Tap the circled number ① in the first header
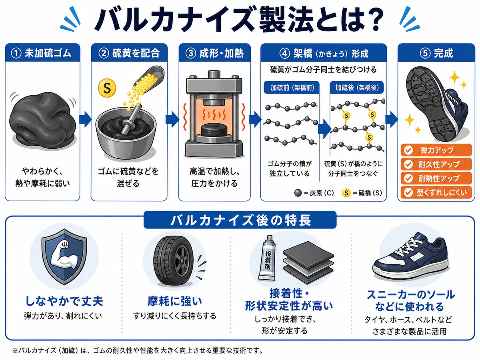tap(16, 53)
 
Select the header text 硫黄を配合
tap(136, 53)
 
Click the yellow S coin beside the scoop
tap(107, 88)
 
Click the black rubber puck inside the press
tap(214, 130)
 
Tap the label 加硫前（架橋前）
tap(292, 88)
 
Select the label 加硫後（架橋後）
tap(357, 88)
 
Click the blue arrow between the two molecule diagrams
tap(324, 129)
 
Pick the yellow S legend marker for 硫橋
tap(346, 193)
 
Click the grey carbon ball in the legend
tap(298, 193)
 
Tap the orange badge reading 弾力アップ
tap(436, 150)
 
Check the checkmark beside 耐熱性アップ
tap(408, 178)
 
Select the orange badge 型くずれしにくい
tap(436, 192)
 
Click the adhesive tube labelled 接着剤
tap(267, 258)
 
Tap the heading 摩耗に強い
tap(174, 301)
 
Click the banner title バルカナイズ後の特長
tap(240, 220)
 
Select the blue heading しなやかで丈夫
tap(64, 301)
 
